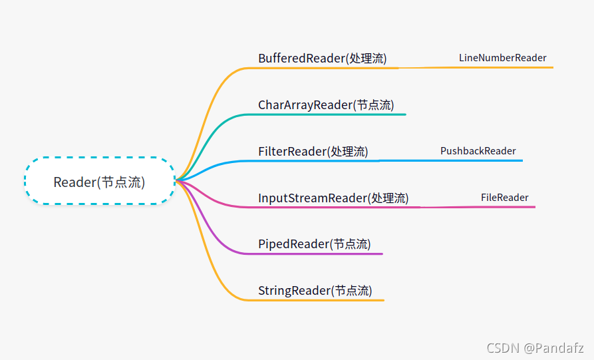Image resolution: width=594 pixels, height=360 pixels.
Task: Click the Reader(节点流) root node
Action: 99,182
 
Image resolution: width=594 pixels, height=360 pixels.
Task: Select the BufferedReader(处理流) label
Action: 322,58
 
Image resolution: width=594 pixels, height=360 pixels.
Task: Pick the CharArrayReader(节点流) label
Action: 325,104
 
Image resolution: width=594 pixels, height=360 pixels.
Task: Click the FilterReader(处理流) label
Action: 313,151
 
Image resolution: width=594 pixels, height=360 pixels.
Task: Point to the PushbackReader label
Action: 478,151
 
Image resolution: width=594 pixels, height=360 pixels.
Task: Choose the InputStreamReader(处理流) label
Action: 333,198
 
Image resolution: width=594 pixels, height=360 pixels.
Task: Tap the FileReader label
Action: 504,198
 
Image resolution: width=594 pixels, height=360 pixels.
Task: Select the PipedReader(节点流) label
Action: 314,244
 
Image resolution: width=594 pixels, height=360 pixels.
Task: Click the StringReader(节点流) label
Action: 315,291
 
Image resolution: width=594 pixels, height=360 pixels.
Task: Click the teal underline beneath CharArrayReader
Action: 333,114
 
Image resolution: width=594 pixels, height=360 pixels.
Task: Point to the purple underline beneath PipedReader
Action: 319,254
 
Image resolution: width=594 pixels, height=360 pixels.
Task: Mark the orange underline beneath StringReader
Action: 319,300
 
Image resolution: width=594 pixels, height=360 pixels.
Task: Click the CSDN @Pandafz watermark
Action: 535,347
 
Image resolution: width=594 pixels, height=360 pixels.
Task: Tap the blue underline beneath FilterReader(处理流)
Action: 313,161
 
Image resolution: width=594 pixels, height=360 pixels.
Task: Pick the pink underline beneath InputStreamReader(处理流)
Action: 333,208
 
